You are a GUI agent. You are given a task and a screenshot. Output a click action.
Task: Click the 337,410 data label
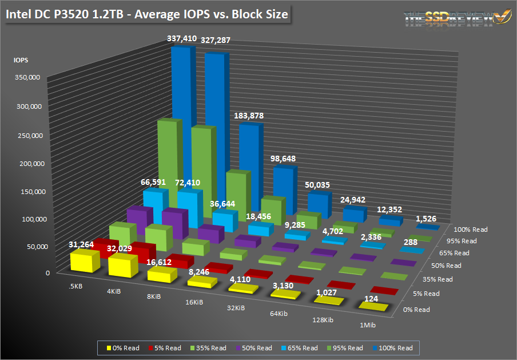click(x=181, y=39)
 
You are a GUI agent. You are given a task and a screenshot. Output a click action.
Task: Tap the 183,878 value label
click(x=249, y=116)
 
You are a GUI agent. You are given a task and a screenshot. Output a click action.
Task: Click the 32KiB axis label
click(x=236, y=308)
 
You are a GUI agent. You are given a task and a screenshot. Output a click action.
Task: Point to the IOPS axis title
click(x=21, y=60)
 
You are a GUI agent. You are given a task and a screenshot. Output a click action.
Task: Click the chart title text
click(x=146, y=14)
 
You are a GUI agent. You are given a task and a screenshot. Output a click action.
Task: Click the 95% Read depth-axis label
click(x=462, y=241)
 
